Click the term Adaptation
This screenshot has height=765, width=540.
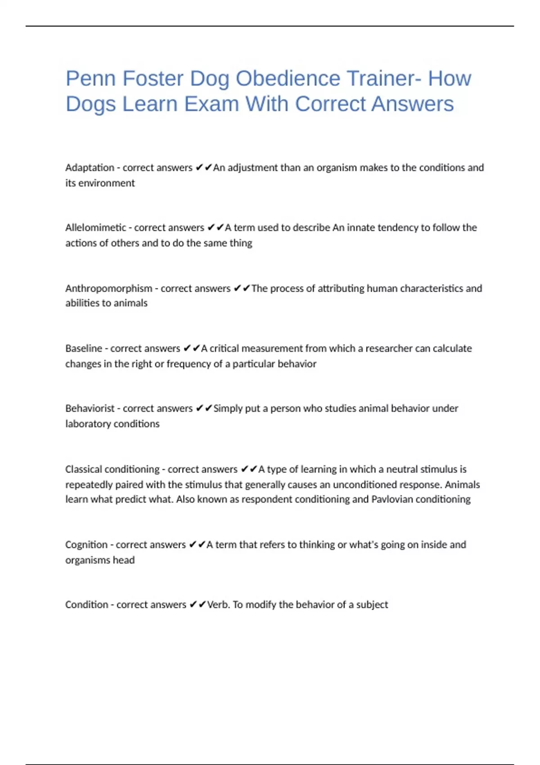point(90,168)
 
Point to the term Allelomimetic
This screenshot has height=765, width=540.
point(95,228)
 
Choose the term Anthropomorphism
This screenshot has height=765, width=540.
point(108,288)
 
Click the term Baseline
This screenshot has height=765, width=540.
point(84,348)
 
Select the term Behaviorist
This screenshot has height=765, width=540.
point(90,409)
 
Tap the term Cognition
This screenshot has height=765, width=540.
point(86,545)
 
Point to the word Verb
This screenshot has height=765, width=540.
point(218,605)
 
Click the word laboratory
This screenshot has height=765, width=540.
point(88,424)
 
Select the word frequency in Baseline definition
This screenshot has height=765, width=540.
point(189,364)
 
